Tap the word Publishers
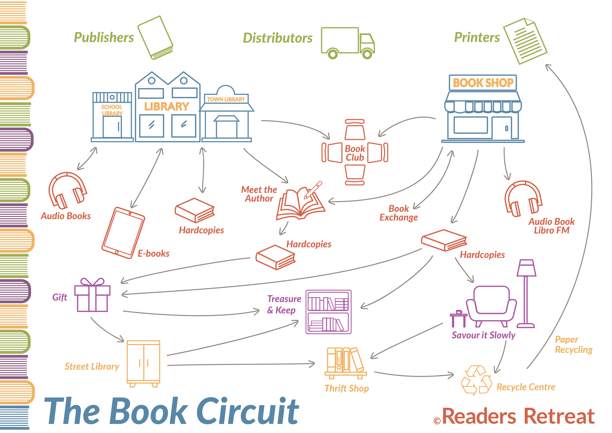pyautogui.click(x=104, y=37)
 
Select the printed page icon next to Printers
pyautogui.click(x=525, y=41)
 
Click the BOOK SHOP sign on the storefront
pyautogui.click(x=483, y=83)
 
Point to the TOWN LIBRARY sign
pyautogui.click(x=226, y=99)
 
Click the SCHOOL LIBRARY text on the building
pyautogui.click(x=112, y=110)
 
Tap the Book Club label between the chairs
pyautogui.click(x=355, y=153)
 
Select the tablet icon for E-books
pyautogui.click(x=123, y=232)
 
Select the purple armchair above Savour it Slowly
pyautogui.click(x=491, y=306)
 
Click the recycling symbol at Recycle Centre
pyautogui.click(x=476, y=380)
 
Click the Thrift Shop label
pyautogui.click(x=347, y=388)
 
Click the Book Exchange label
pyautogui.click(x=399, y=213)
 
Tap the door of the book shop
pyautogui.click(x=502, y=128)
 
